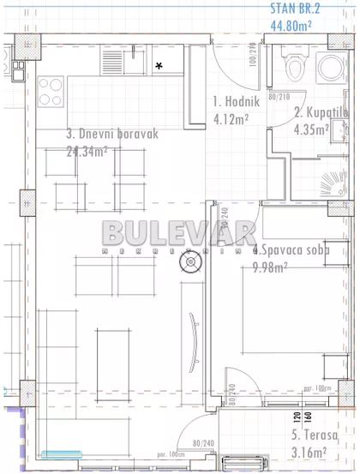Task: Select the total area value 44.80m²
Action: pyautogui.click(x=291, y=26)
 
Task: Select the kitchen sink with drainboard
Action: pyautogui.click(x=117, y=60)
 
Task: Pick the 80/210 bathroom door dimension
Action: pyautogui.click(x=281, y=98)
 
